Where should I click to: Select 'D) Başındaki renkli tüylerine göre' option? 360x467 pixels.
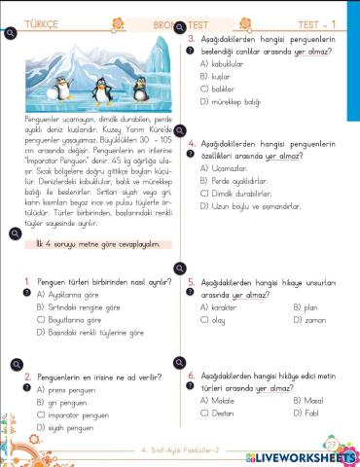[x=88, y=332]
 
